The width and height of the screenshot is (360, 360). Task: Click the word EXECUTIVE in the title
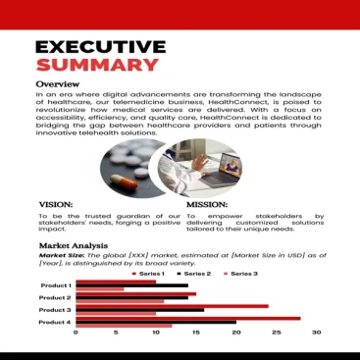coord(100,47)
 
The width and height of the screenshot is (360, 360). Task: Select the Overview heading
coord(57,85)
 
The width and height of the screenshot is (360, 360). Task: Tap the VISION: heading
coord(55,205)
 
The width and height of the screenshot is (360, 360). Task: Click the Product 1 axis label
coord(55,285)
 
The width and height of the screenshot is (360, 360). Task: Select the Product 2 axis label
coord(55,297)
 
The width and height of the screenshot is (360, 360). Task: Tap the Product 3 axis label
coord(55,310)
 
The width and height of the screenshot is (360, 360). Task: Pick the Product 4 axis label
coord(55,322)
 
